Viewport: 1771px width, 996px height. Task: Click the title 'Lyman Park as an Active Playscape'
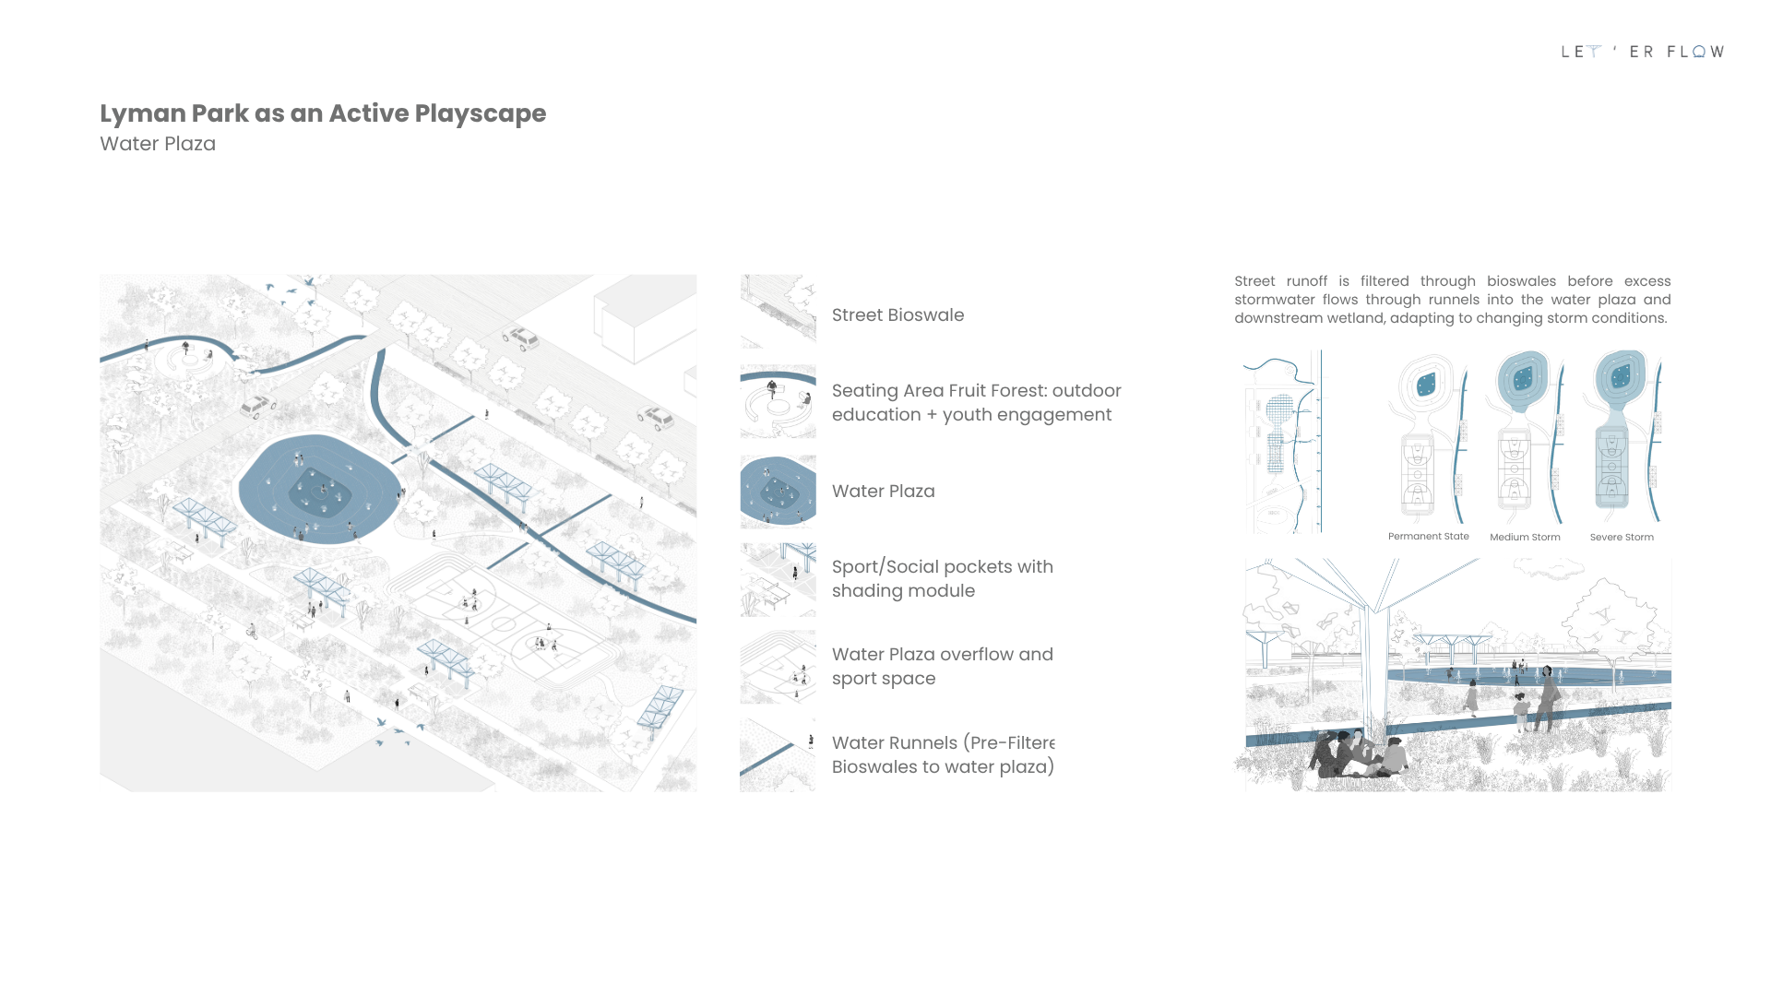(323, 113)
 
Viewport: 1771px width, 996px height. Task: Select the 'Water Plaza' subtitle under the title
(158, 144)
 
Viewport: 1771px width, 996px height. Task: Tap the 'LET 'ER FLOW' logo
(1642, 52)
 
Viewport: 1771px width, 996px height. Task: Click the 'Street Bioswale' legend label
(897, 314)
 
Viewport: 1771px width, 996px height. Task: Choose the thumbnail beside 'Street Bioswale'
(778, 311)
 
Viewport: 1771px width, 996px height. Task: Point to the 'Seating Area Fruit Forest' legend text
(976, 402)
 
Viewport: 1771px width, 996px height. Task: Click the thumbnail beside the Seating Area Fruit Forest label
(778, 400)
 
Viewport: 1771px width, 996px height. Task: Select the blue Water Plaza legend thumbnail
(778, 490)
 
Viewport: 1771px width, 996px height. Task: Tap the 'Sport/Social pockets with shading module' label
(942, 578)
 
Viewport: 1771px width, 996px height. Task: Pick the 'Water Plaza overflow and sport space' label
(942, 666)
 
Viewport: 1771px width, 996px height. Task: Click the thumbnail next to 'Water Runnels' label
(778, 754)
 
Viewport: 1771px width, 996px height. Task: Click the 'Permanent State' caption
(1428, 536)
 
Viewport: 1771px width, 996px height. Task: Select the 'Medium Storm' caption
(1525, 537)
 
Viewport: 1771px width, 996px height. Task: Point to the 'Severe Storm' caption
(1622, 537)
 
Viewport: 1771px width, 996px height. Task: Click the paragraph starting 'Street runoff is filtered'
(1452, 300)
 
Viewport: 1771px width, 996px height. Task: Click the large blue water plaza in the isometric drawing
(319, 489)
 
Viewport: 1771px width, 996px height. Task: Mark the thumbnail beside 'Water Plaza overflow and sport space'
(778, 667)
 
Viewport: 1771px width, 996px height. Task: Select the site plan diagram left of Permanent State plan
(1283, 441)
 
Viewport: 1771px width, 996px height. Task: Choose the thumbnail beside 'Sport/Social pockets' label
(778, 579)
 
